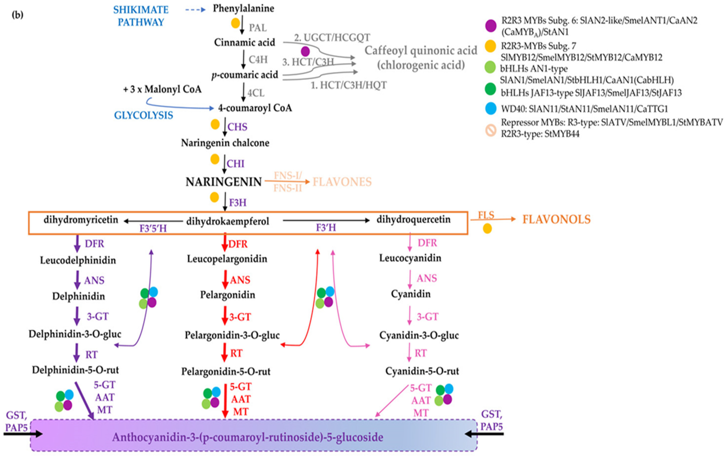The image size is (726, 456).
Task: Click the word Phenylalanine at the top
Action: pos(243,8)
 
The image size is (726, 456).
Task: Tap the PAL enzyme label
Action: pos(258,28)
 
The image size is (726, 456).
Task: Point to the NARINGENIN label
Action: pos(224,182)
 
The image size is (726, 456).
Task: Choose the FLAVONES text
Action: pos(342,182)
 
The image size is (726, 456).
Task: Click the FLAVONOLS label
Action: pos(556,219)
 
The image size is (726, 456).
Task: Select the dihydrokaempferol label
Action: pos(227,221)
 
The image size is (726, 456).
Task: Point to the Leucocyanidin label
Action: pos(410,258)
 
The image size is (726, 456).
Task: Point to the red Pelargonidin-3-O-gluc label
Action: pos(232,335)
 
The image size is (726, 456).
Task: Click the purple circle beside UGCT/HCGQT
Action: pos(305,51)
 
